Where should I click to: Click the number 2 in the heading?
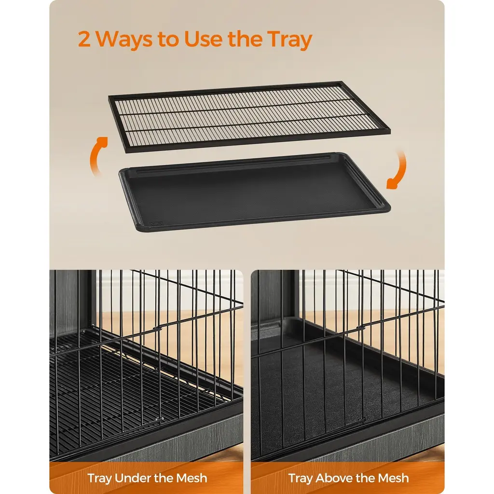click(84, 39)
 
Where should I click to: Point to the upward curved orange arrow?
click(96, 154)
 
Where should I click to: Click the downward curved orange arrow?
click(398, 170)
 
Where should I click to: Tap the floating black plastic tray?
click(255, 192)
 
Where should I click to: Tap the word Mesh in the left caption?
click(192, 478)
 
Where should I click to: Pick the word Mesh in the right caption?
click(394, 478)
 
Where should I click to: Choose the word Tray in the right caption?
click(301, 479)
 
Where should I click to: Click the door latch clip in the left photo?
click(155, 328)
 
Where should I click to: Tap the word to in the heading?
click(168, 40)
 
